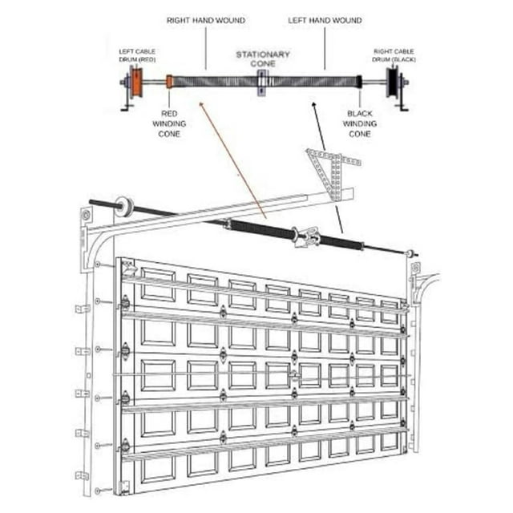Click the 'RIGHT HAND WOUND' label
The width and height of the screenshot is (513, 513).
pyautogui.click(x=206, y=20)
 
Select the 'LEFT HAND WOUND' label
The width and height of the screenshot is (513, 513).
pyautogui.click(x=325, y=20)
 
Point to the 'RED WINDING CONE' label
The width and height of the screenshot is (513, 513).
pyautogui.click(x=169, y=123)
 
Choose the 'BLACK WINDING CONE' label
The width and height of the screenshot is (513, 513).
pyautogui.click(x=360, y=123)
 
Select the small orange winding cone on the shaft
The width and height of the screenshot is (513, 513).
pyautogui.click(x=169, y=82)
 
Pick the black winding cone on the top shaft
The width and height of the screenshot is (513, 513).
pyautogui.click(x=360, y=82)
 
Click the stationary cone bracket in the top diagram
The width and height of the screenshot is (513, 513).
pyautogui.click(x=262, y=83)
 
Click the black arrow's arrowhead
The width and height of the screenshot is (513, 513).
pyautogui.click(x=313, y=104)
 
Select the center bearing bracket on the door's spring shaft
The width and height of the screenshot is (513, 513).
pyautogui.click(x=307, y=237)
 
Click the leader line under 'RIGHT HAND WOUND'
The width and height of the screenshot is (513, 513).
pyautogui.click(x=206, y=48)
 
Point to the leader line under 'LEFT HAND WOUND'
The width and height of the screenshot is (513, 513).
pyautogui.click(x=325, y=48)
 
